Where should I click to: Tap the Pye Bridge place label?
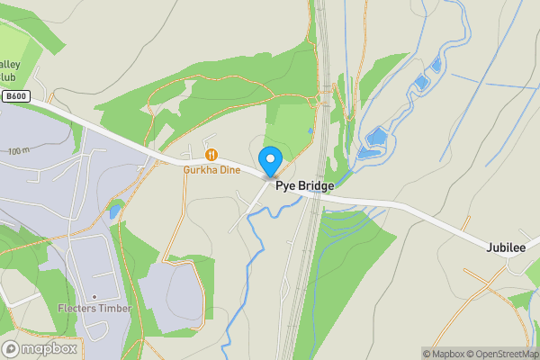coord(304,186)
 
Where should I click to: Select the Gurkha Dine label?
coord(211,170)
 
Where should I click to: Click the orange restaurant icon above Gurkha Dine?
coord(211,154)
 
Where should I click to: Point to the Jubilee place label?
coord(506,247)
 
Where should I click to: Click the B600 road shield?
coord(15,96)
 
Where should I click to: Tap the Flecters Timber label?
coord(94,309)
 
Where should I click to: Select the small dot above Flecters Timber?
coord(94,297)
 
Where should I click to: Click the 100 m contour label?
coord(18,151)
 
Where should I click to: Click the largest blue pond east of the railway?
coord(376,139)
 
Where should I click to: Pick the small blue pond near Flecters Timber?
coord(114,212)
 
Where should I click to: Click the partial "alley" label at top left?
coord(12,65)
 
